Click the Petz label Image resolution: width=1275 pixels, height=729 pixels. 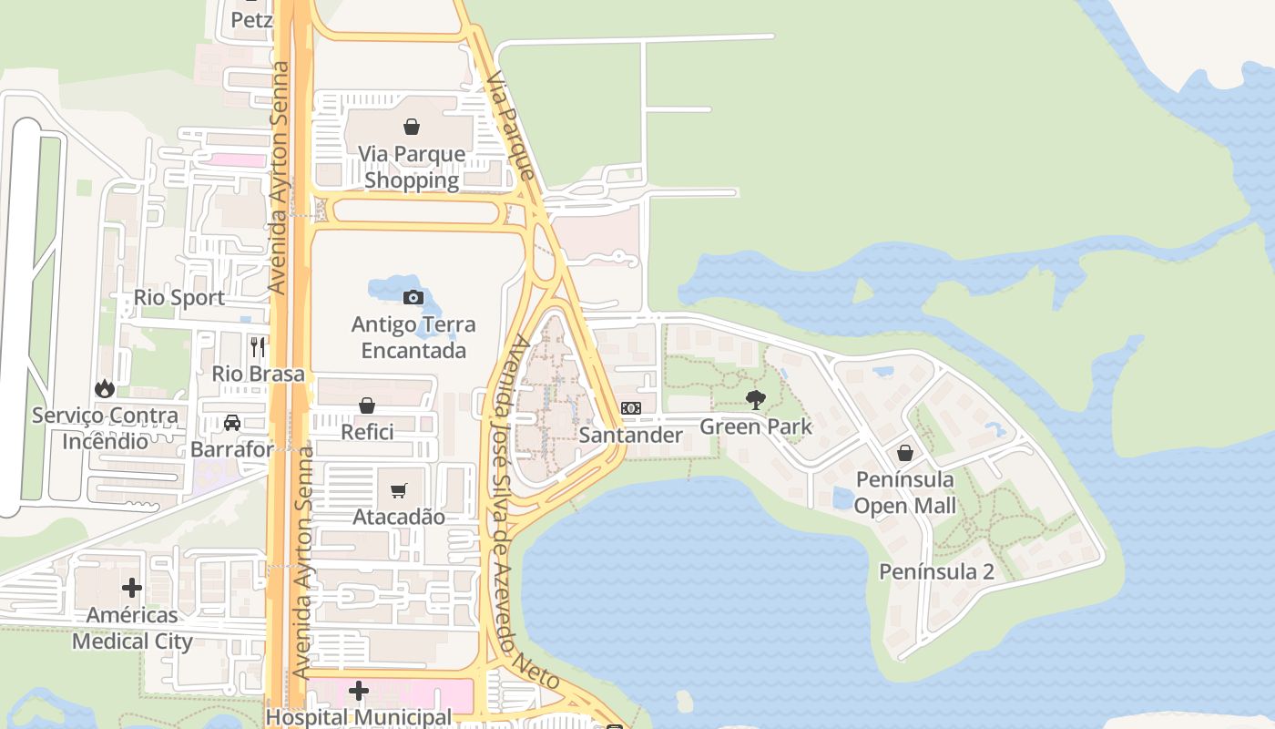click(x=251, y=19)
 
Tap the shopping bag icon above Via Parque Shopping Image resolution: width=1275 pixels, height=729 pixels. click(x=412, y=127)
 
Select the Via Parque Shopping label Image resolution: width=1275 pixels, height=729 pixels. click(x=412, y=167)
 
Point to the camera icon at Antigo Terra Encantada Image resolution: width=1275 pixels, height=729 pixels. click(x=413, y=297)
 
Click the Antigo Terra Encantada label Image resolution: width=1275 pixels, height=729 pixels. click(x=413, y=337)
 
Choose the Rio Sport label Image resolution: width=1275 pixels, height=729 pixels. click(x=178, y=298)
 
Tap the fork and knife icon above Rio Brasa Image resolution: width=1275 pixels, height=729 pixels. click(x=258, y=346)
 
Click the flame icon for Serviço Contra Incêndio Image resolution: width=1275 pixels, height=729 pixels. click(x=105, y=389)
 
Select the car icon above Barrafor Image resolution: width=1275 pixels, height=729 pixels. click(x=232, y=423)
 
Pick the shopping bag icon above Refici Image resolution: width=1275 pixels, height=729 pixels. click(x=367, y=406)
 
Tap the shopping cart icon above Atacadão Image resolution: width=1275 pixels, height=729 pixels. click(x=398, y=491)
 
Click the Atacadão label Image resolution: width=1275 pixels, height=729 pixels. click(x=399, y=517)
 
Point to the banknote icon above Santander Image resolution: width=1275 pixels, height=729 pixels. click(x=630, y=408)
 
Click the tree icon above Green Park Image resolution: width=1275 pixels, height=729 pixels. click(x=755, y=399)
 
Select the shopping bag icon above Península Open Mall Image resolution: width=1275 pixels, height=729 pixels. click(x=904, y=453)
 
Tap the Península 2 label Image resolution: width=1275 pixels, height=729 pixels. click(x=936, y=571)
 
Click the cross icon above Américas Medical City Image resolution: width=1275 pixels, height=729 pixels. click(x=132, y=588)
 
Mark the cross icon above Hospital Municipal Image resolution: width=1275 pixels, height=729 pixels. click(x=359, y=691)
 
